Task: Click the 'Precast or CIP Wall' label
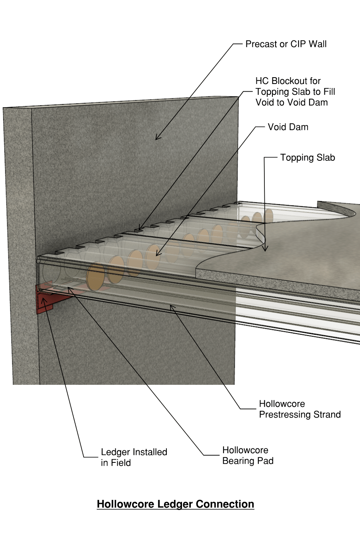click(286, 44)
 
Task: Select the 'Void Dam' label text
click(288, 127)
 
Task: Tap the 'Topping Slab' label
click(307, 158)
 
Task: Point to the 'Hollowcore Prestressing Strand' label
click(300, 409)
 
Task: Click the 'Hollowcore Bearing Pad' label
click(248, 456)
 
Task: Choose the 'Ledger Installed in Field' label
click(134, 457)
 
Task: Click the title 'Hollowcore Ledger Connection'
click(175, 504)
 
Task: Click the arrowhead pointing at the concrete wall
click(157, 138)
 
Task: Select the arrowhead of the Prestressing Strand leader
click(172, 307)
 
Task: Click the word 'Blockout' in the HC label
click(296, 81)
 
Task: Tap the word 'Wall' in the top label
click(318, 44)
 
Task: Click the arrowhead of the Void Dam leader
click(158, 254)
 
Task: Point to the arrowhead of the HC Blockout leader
click(140, 229)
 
